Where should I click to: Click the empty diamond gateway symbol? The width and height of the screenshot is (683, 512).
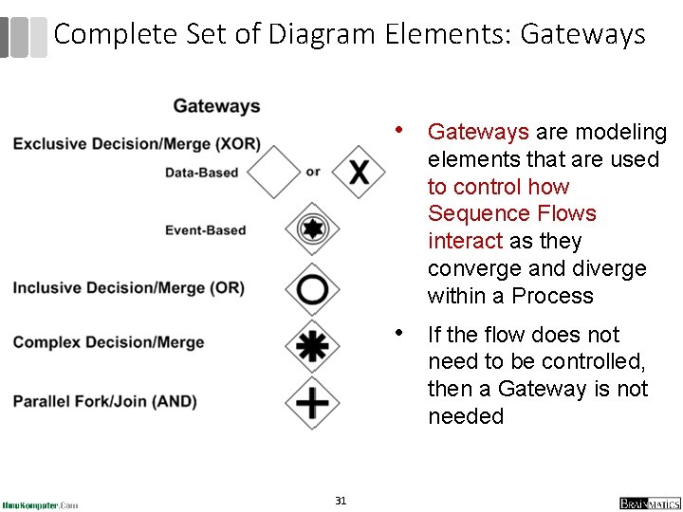pyautogui.click(x=274, y=172)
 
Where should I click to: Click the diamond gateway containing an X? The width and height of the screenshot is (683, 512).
pyautogui.click(x=359, y=172)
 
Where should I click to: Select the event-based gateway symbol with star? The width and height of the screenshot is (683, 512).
pyautogui.click(x=312, y=229)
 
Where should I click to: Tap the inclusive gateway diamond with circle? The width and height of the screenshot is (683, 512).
pyautogui.click(x=312, y=288)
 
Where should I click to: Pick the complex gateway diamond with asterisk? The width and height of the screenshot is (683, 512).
pyautogui.click(x=312, y=345)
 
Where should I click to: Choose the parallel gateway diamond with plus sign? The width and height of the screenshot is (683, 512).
pyautogui.click(x=312, y=402)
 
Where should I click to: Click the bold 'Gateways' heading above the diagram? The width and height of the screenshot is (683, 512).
pyautogui.click(x=216, y=106)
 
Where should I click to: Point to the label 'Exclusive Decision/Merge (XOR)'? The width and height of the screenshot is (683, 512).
pyautogui.click(x=137, y=144)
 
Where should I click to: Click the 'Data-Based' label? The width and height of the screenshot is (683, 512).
pyautogui.click(x=201, y=173)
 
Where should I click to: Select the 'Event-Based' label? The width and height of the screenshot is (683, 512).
pyautogui.click(x=205, y=230)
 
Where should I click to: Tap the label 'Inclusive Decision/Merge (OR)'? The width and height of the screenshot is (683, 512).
pyautogui.click(x=128, y=288)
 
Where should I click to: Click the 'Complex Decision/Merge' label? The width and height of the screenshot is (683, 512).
pyautogui.click(x=108, y=342)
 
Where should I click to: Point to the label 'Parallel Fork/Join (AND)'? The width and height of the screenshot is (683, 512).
pyautogui.click(x=104, y=401)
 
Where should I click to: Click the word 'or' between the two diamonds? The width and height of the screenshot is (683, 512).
pyautogui.click(x=313, y=172)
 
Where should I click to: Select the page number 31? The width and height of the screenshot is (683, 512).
pyautogui.click(x=341, y=501)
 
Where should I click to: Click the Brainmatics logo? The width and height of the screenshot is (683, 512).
pyautogui.click(x=650, y=503)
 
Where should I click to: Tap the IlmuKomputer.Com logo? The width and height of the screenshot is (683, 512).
pyautogui.click(x=41, y=504)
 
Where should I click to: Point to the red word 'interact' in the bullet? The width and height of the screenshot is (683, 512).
pyautogui.click(x=465, y=241)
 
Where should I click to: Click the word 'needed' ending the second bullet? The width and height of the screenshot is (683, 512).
pyautogui.click(x=466, y=416)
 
